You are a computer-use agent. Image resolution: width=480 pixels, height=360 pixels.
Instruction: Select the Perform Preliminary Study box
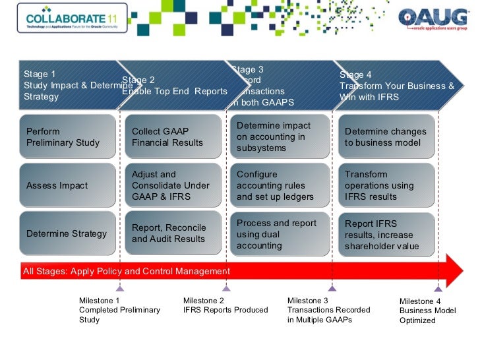point(63,136)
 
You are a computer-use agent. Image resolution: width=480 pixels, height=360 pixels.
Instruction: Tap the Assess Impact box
point(63,185)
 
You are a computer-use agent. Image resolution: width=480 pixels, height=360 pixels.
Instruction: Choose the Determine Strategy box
point(63,233)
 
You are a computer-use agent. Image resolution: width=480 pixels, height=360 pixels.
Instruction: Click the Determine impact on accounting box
point(280,136)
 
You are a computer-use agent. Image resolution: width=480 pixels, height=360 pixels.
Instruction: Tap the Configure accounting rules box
point(280,185)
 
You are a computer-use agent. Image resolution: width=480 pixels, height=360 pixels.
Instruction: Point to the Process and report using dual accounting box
point(280,234)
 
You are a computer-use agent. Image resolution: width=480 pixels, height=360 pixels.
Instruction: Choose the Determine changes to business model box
point(387,136)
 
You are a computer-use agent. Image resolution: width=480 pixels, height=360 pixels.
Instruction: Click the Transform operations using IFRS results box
point(387,185)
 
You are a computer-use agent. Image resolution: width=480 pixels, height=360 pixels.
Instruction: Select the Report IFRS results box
point(387,234)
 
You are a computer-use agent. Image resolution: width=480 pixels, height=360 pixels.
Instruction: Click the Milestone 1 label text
point(119,310)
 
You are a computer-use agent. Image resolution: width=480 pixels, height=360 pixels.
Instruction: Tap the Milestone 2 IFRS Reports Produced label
point(225,305)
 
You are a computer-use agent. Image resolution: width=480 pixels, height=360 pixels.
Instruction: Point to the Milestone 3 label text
point(329,310)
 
